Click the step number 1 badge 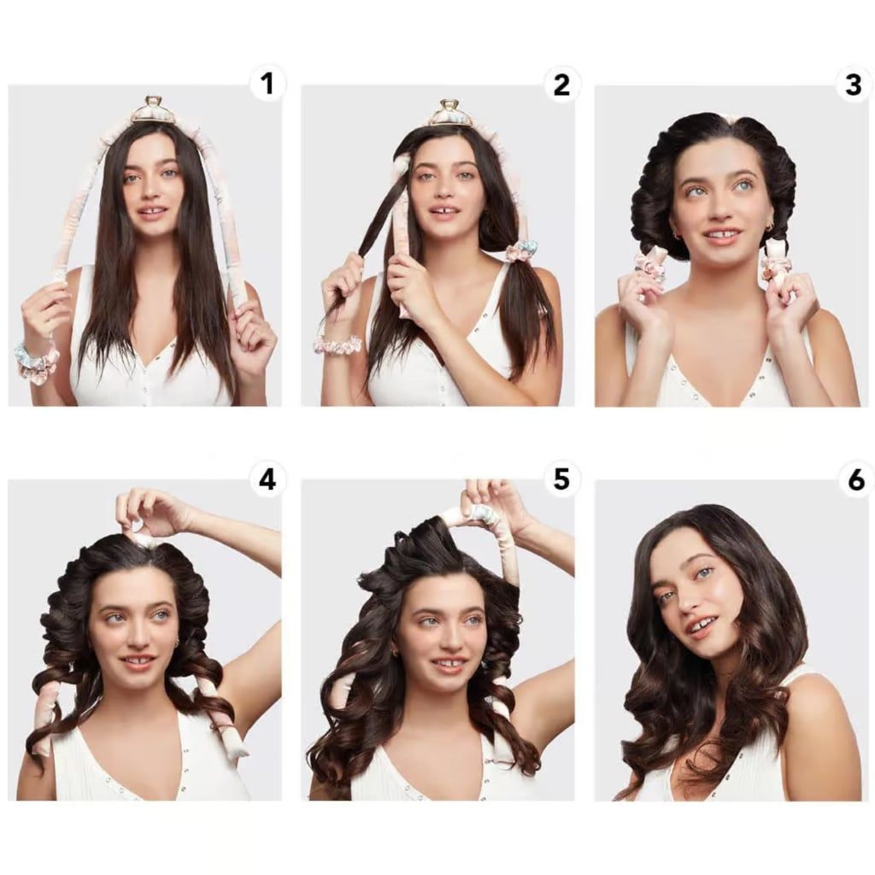pyautogui.click(x=267, y=84)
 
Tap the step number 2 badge pyautogui.click(x=561, y=85)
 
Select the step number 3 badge pyautogui.click(x=854, y=85)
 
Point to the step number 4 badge pyautogui.click(x=267, y=479)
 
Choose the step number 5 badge pyautogui.click(x=561, y=479)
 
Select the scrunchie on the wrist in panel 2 pyautogui.click(x=338, y=345)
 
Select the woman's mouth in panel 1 pyautogui.click(x=152, y=212)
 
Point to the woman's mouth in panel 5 pyautogui.click(x=448, y=664)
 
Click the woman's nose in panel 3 pyautogui.click(x=719, y=208)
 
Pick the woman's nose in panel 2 pyautogui.click(x=444, y=190)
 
